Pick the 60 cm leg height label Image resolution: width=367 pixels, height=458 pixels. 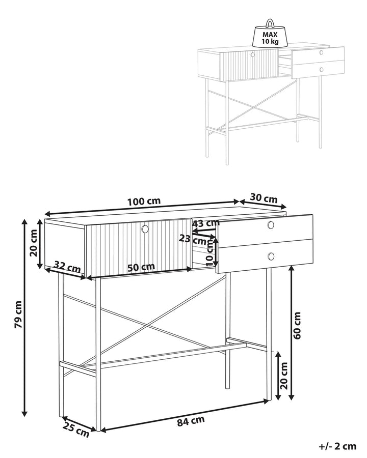(x=298, y=326)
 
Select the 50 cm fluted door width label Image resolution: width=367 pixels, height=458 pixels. (x=141, y=267)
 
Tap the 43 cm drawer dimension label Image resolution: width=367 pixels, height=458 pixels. (x=206, y=223)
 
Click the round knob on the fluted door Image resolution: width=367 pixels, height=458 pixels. (x=145, y=228)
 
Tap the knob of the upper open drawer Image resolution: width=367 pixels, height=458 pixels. (x=271, y=225)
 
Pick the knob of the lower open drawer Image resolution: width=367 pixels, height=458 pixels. (x=271, y=256)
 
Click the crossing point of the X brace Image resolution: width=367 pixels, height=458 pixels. (x=151, y=323)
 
